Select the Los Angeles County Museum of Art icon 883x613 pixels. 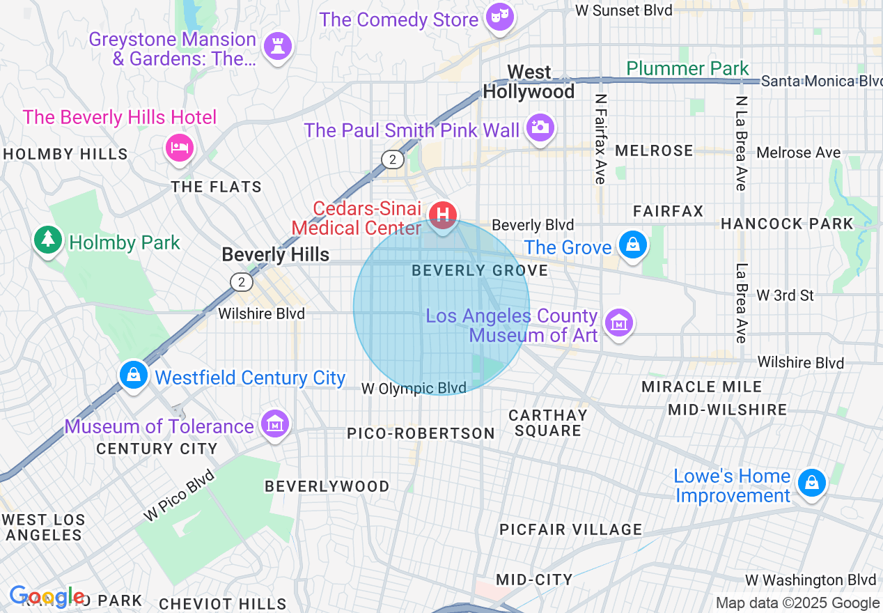click(x=618, y=323)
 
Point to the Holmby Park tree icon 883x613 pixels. click(x=47, y=240)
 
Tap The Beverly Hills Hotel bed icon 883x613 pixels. click(x=179, y=147)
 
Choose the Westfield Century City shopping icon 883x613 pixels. click(x=133, y=374)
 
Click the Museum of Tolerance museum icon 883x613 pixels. click(x=274, y=424)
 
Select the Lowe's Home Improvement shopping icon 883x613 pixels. click(x=811, y=482)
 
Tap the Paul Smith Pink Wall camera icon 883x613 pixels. click(x=539, y=127)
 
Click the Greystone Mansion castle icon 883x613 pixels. click(x=277, y=47)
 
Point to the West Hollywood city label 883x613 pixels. click(x=529, y=82)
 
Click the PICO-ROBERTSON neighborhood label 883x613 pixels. click(x=421, y=433)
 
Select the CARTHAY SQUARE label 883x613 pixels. click(x=548, y=423)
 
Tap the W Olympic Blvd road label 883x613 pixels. click(x=414, y=389)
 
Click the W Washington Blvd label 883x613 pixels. click(x=810, y=580)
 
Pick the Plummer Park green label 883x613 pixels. click(x=687, y=68)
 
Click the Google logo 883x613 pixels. click(x=46, y=597)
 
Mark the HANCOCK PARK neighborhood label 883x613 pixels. click(x=786, y=224)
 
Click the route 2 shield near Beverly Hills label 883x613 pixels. click(x=241, y=281)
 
